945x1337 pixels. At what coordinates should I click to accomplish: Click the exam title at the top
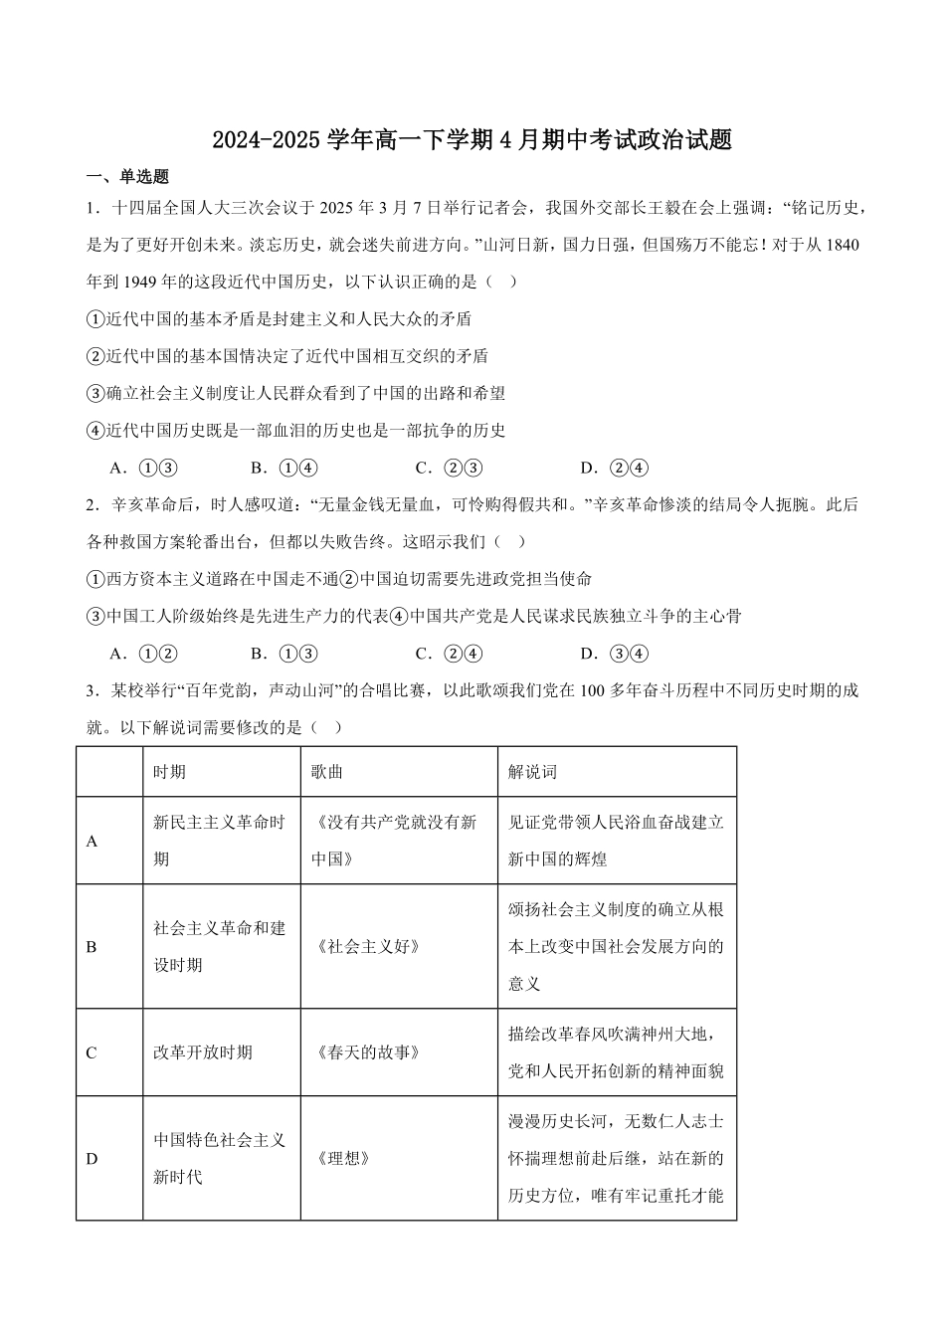click(x=472, y=140)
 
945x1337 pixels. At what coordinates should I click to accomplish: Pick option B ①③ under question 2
click(x=283, y=654)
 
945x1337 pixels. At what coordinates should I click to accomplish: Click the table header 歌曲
click(x=327, y=772)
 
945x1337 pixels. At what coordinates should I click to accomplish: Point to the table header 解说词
click(x=532, y=772)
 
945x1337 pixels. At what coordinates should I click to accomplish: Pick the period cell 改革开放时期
click(x=203, y=1052)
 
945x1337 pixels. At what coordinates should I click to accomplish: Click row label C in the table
click(x=92, y=1052)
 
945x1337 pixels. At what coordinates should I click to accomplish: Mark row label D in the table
click(x=92, y=1158)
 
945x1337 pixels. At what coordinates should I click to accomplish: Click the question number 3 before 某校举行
click(x=92, y=690)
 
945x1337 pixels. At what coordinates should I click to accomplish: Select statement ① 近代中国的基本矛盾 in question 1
click(x=280, y=319)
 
